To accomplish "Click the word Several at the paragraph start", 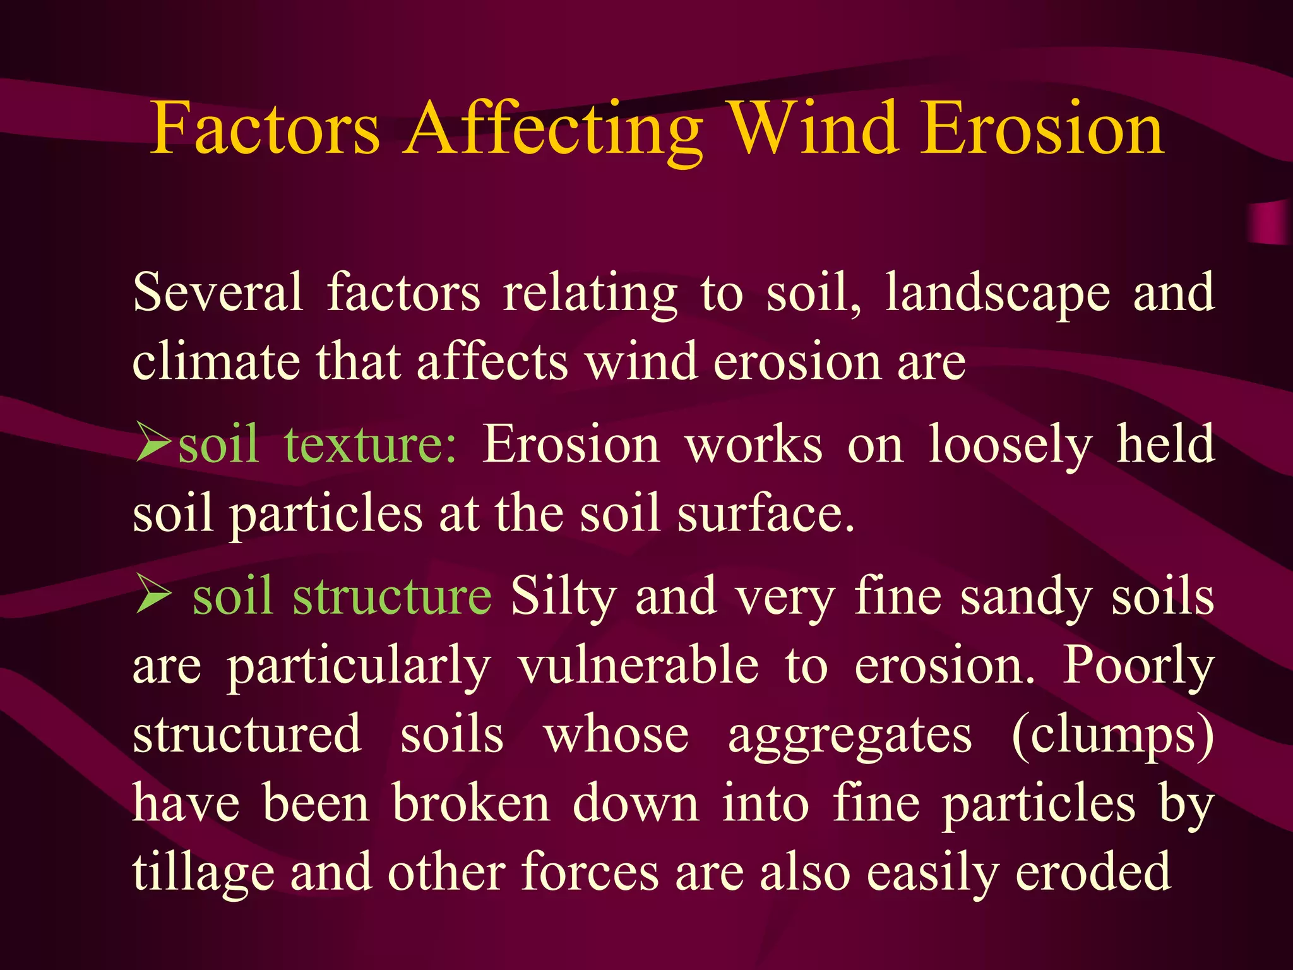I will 218,292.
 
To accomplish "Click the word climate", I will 216,362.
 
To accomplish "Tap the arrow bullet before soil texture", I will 153,444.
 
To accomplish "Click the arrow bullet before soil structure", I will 153,596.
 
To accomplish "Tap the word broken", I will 471,804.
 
